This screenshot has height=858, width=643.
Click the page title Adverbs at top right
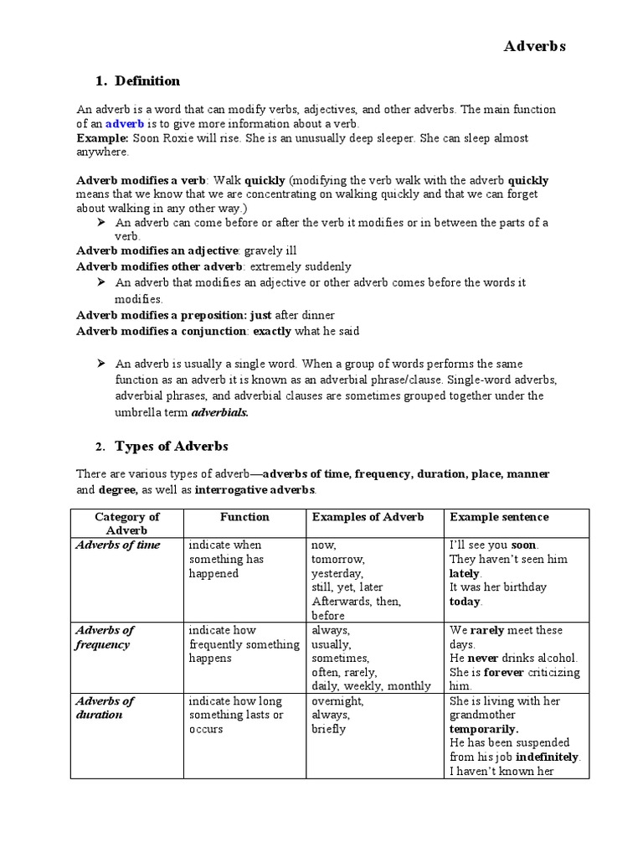[x=534, y=47]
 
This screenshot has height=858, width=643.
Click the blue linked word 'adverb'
[x=125, y=123]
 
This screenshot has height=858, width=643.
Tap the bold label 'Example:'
[x=102, y=138]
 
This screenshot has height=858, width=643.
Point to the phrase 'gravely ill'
[x=270, y=251]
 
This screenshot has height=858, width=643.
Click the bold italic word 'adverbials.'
[x=220, y=412]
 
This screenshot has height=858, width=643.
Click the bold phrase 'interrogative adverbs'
[x=255, y=489]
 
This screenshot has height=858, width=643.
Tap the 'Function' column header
[x=244, y=517]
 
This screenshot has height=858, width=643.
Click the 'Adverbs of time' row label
[x=117, y=545]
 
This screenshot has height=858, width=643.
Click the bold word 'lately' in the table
[x=465, y=573]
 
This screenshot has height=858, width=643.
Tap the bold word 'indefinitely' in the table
[x=544, y=757]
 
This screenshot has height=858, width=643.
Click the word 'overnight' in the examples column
[x=337, y=701]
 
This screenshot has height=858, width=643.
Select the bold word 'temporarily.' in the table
[x=484, y=729]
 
